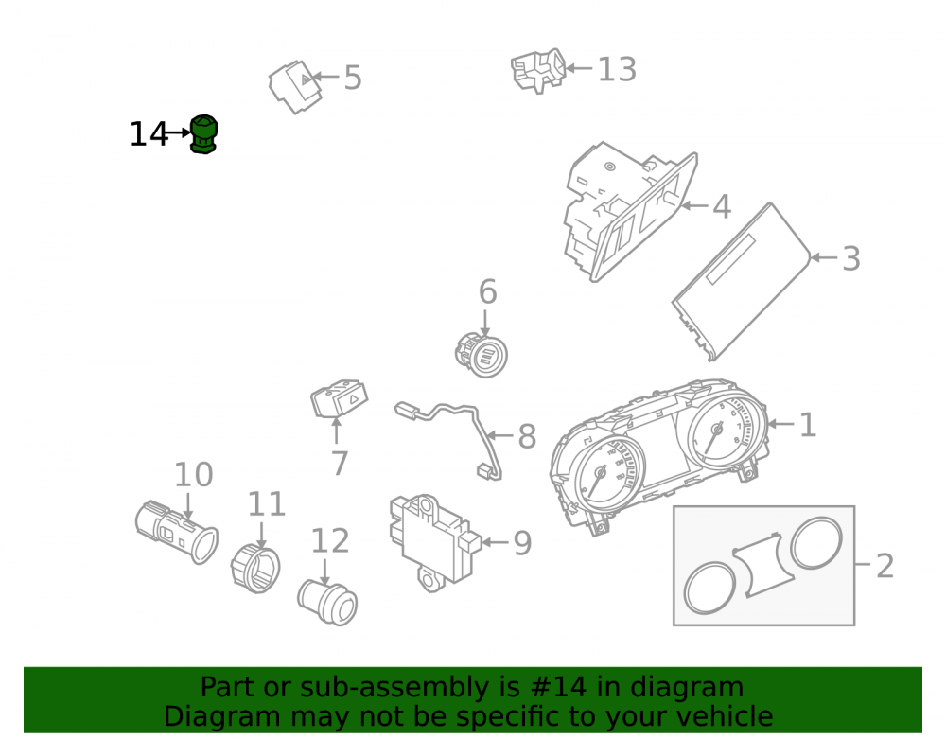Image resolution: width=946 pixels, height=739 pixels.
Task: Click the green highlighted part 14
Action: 203,134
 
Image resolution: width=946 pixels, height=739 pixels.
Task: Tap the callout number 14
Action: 149,134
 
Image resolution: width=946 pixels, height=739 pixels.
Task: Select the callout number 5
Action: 353,78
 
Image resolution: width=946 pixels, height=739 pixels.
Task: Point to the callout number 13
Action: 617,69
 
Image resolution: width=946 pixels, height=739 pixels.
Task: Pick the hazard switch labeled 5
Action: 295,87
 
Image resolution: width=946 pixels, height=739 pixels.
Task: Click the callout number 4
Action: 722,206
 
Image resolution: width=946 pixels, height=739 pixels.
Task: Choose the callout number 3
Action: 851,258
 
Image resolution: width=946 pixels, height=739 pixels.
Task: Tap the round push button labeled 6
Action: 481,355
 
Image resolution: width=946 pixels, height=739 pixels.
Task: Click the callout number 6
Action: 487,292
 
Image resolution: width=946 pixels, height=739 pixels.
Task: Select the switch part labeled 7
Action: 339,398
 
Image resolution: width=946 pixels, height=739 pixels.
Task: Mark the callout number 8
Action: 527,436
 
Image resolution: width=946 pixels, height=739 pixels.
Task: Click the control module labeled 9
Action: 434,542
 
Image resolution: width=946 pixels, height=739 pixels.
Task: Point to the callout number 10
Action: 194,475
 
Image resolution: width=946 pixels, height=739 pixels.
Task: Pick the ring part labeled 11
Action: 255,568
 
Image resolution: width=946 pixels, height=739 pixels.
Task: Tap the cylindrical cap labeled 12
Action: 327,602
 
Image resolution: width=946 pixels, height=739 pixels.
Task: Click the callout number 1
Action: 808,425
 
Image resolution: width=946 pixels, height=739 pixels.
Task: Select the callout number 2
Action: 885,566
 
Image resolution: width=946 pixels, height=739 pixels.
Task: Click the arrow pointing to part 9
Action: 495,542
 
